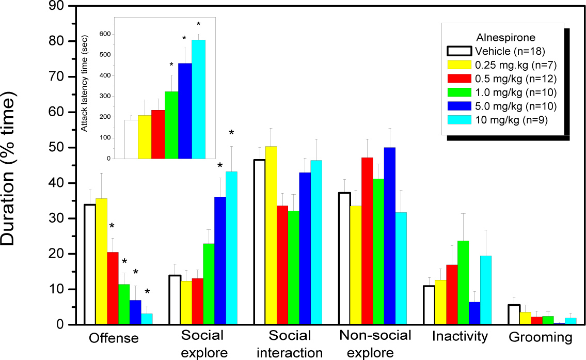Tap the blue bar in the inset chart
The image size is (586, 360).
(185, 111)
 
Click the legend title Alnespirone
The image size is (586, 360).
(505, 38)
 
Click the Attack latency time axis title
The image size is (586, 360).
(85, 83)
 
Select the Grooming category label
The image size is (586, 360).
(541, 338)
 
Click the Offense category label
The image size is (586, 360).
(114, 338)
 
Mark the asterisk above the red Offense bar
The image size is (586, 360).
(112, 226)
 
